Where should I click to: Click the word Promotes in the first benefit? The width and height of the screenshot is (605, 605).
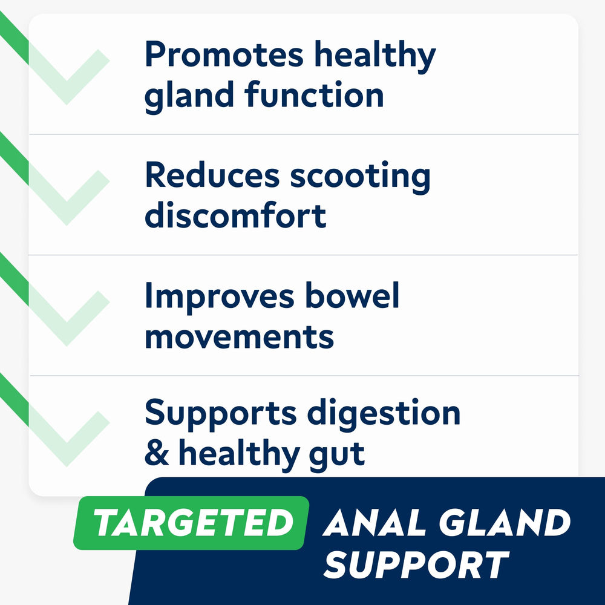223,56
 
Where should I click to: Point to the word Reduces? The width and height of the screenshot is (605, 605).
212,176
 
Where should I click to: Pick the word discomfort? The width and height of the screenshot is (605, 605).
235,215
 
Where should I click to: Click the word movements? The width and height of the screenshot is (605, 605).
239,336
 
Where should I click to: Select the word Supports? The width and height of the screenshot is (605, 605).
220,414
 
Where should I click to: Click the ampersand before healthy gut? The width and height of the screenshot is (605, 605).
157,454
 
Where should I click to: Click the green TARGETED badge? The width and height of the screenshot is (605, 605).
191,522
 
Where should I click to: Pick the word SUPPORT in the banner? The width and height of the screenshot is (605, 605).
415,564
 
